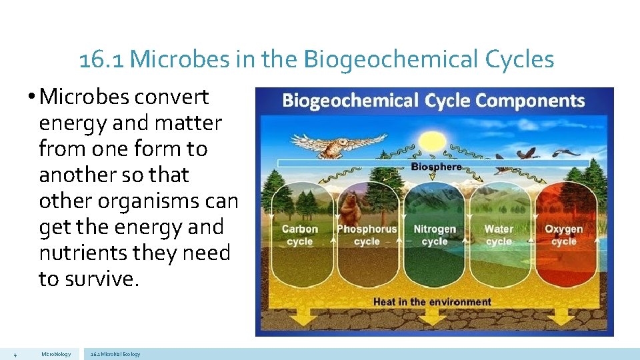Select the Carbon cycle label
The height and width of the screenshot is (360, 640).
coord(299,235)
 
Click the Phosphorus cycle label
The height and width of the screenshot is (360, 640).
coord(367,235)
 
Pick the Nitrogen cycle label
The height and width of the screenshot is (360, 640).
coord(435,235)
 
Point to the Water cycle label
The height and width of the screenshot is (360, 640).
coord(499,235)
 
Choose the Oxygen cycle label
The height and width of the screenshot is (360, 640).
coord(563,235)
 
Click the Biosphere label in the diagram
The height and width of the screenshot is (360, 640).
coord(436,167)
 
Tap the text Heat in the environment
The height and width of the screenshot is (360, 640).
coord(432,302)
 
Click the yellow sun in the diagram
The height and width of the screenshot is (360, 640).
coord(431,142)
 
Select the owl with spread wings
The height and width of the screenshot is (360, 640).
coord(337,143)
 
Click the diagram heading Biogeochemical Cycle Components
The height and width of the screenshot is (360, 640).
coord(433,101)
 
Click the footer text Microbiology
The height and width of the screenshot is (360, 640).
coord(56,354)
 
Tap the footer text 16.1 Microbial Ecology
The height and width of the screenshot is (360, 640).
coord(115,354)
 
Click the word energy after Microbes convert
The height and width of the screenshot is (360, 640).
coord(70,123)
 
